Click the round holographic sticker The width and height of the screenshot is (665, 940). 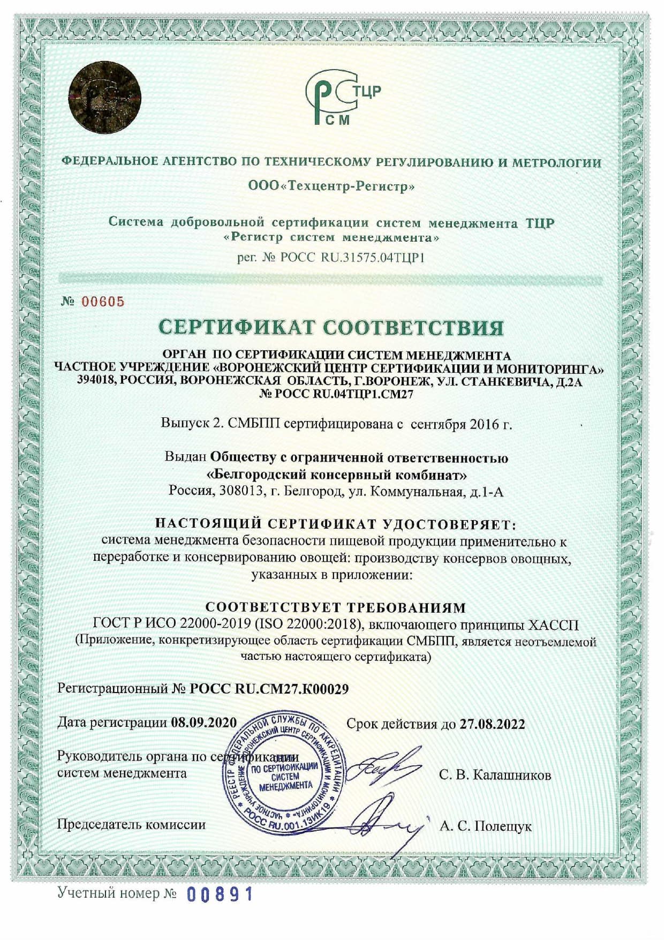pos(105,98)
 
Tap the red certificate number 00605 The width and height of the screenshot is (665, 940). pos(103,302)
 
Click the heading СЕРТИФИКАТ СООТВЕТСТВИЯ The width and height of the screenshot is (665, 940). pos(332,327)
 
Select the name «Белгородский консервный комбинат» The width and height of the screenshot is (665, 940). pos(336,475)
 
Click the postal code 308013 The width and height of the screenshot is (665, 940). pos(241,491)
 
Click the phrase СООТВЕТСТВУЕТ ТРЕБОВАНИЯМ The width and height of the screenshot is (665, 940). pos(336,607)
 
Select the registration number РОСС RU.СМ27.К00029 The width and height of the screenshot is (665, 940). pos(269,689)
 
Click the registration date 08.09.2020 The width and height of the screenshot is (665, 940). pos(203,723)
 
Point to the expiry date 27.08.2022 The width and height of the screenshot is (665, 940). pos(492,724)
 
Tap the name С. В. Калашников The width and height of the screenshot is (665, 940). pos(495,774)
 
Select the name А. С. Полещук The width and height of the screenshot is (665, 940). pos(486,826)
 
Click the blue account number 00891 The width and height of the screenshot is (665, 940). pos(220,893)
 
